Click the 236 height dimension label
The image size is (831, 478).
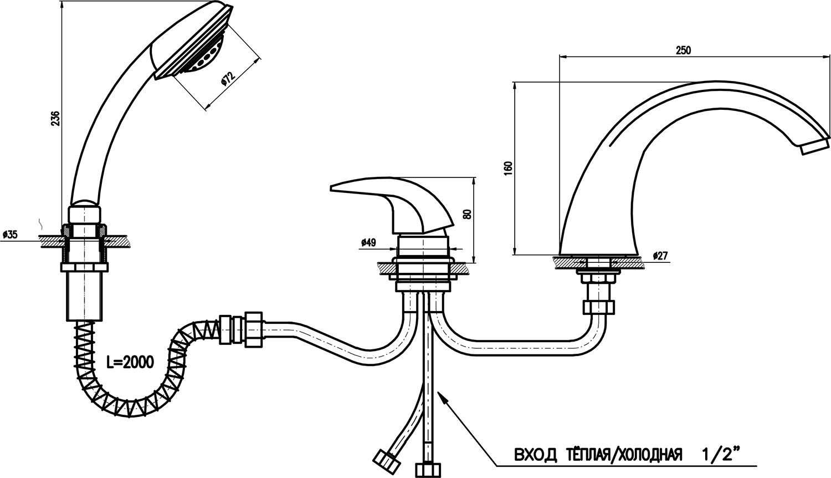[x=55, y=118]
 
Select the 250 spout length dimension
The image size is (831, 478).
[x=683, y=50]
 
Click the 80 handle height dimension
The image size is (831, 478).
[x=468, y=213]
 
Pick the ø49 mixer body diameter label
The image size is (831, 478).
[x=368, y=242]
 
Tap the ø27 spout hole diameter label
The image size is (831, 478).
[x=660, y=256]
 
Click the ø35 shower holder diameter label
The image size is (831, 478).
[x=10, y=235]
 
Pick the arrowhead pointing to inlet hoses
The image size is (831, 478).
[x=443, y=399]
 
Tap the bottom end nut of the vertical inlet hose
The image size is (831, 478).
[x=427, y=470]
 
